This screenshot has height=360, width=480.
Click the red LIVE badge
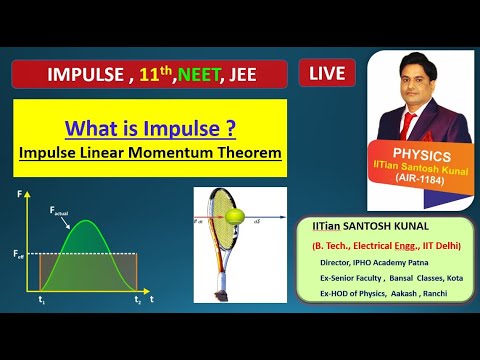328,73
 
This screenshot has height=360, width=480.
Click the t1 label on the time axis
41,300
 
